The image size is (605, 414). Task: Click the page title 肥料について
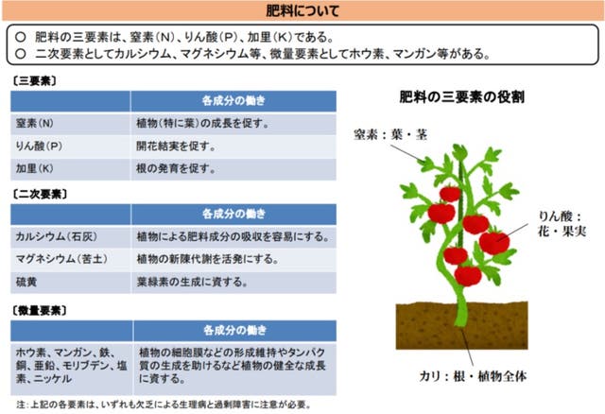(x=302, y=10)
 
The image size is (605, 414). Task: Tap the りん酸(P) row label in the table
(x=39, y=147)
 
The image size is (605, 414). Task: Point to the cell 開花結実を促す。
(x=176, y=147)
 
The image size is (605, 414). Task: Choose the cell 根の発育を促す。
(x=176, y=168)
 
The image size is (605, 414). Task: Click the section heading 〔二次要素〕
(x=39, y=194)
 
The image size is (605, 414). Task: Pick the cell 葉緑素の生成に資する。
(x=192, y=282)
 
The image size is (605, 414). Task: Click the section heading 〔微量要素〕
(x=39, y=311)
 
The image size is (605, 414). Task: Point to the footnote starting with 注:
(x=164, y=405)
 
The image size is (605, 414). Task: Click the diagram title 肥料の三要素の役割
(x=462, y=96)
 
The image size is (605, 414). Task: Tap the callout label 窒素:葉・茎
(x=390, y=134)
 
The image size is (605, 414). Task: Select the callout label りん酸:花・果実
(x=562, y=224)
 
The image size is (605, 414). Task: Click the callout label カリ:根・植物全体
(x=473, y=376)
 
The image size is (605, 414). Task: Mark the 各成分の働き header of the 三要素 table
(x=233, y=101)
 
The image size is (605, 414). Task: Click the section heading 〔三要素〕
(x=34, y=81)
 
